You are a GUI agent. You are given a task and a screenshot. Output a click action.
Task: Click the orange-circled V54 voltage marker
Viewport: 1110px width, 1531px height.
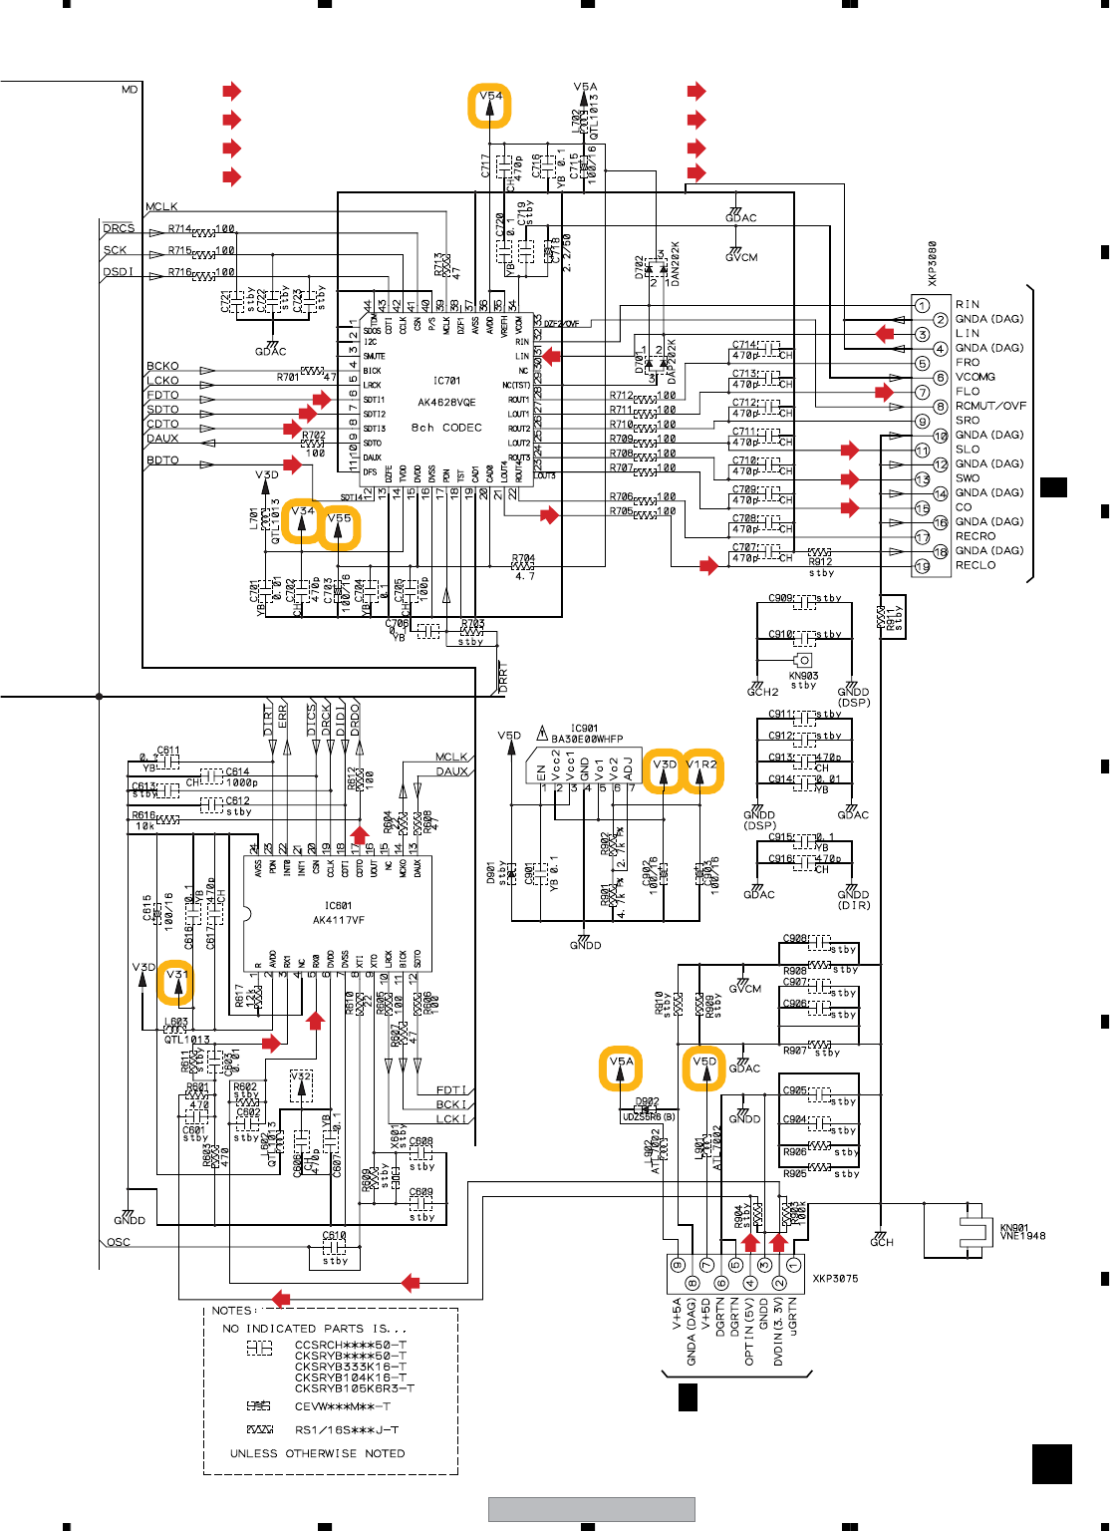490,106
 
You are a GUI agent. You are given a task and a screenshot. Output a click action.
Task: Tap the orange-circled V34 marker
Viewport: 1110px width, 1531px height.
302,521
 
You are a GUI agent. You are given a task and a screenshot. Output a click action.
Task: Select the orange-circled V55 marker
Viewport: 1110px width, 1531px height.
339,527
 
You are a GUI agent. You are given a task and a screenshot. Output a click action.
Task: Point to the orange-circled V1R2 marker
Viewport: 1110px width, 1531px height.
701,770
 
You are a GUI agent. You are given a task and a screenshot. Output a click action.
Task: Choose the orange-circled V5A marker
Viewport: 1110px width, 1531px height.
621,1069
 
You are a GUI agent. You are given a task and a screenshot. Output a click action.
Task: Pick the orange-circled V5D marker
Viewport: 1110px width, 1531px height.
704,1069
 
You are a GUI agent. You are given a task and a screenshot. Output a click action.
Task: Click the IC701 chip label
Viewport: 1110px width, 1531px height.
446,381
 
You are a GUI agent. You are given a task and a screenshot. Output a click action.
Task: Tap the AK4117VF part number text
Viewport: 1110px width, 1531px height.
339,920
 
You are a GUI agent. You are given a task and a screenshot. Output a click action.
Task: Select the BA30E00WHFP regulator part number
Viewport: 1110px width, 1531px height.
587,739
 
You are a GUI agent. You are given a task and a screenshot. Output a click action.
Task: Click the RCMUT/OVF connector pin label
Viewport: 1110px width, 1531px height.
990,406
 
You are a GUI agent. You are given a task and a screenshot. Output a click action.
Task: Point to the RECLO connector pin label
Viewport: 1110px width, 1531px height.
975,565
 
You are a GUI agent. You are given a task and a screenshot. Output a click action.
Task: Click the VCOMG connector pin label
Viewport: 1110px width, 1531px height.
974,377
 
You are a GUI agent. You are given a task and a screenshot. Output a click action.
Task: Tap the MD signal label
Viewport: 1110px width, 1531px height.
130,90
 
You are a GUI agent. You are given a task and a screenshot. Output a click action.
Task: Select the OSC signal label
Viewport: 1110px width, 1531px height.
119,1242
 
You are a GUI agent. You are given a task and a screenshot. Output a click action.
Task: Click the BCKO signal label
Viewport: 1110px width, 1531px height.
162,366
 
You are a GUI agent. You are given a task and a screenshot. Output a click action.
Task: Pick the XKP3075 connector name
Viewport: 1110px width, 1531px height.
835,1278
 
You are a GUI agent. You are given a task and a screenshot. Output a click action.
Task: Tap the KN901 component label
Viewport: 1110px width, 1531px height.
1014,1228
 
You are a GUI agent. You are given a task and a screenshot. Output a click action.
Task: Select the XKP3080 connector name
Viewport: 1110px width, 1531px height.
933,263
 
